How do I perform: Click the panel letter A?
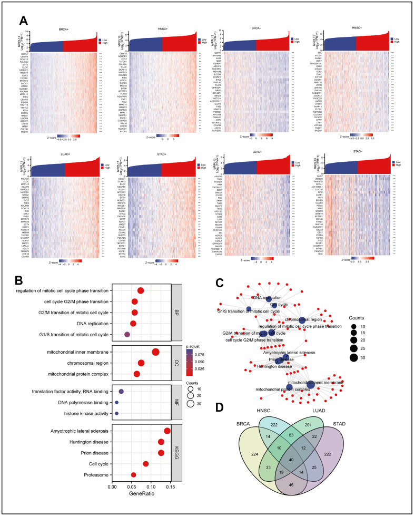pos(24,21)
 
